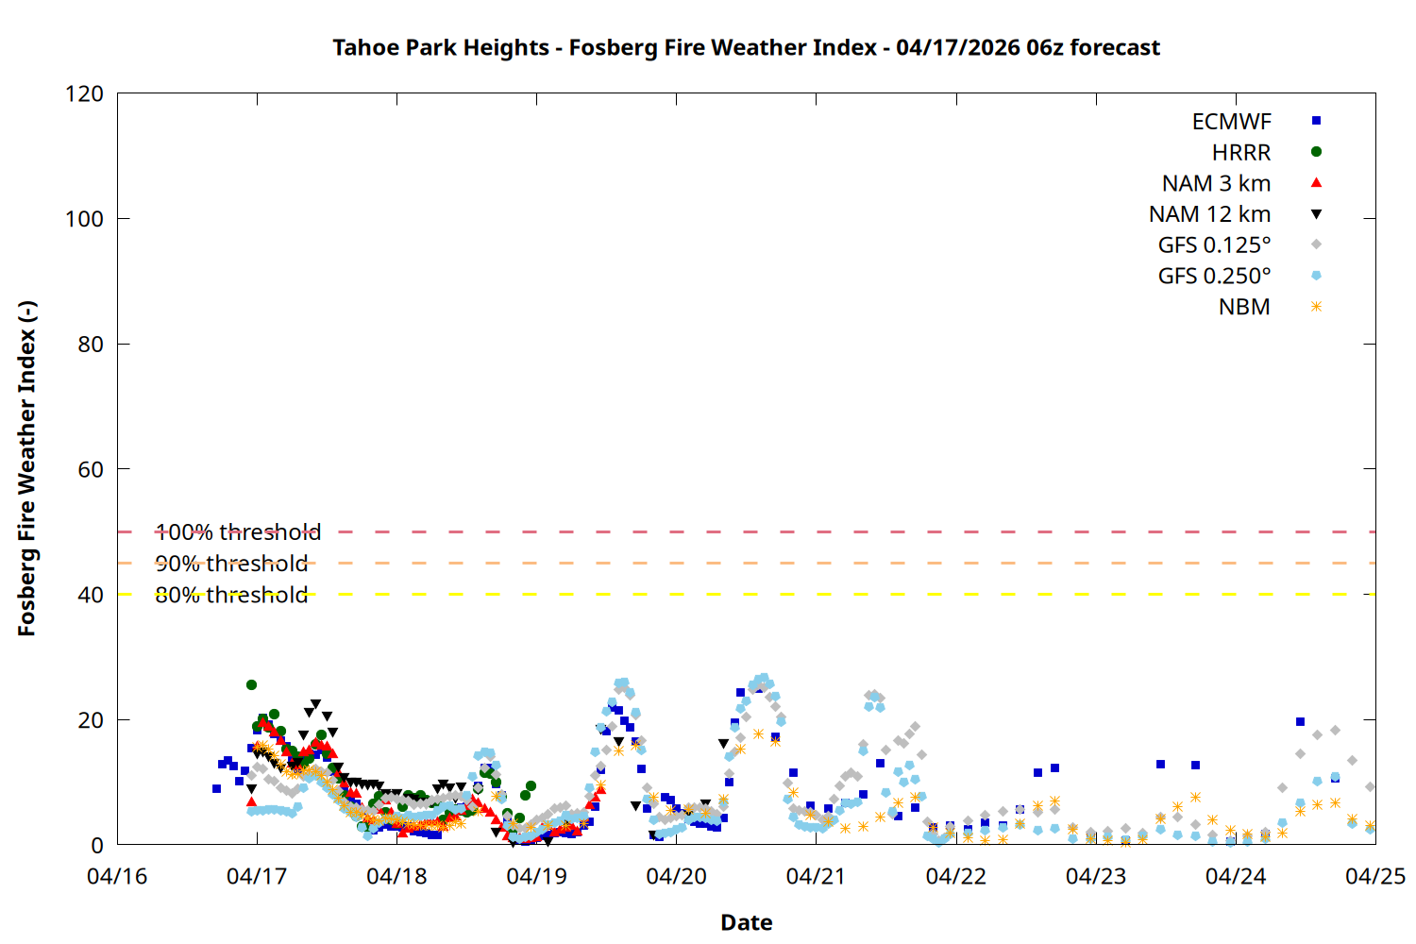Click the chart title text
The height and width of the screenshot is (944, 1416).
[x=746, y=47]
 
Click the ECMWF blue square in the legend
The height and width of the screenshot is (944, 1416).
[x=1316, y=121]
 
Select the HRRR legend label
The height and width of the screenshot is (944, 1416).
[x=1240, y=152]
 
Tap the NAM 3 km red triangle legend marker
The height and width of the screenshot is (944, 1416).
[x=1316, y=183]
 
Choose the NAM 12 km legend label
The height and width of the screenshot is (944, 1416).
[x=1209, y=214]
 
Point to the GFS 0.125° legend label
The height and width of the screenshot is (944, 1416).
[x=1214, y=245]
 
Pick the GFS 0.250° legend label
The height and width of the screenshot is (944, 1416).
[x=1214, y=277]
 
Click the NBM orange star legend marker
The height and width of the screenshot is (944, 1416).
[x=1316, y=307]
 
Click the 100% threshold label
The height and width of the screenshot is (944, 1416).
[x=238, y=532]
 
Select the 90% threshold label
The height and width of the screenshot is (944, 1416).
[x=231, y=564]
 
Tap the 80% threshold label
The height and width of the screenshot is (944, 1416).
[x=231, y=595]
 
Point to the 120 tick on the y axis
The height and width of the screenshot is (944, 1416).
[x=85, y=93]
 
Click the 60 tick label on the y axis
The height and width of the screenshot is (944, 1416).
[x=91, y=469]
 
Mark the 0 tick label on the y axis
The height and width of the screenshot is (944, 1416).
[x=97, y=845]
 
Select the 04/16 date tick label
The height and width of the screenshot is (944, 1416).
[x=117, y=877]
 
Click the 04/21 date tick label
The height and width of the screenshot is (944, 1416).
[x=816, y=877]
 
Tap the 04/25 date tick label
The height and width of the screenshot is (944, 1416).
[x=1374, y=877]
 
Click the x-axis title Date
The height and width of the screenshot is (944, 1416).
[x=746, y=922]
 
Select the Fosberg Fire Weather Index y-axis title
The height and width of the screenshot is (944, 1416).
[x=26, y=469]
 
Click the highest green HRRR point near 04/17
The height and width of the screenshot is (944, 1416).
[x=251, y=685]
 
